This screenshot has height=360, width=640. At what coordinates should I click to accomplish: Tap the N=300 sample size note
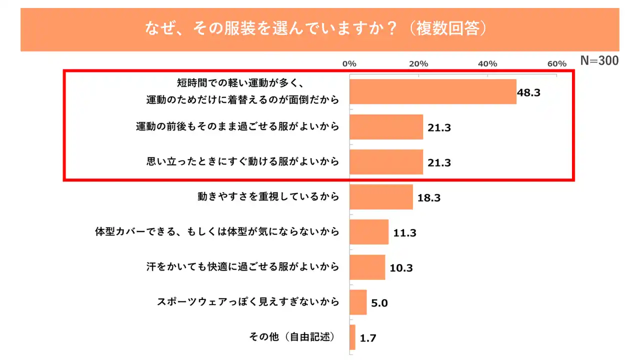[x=599, y=61]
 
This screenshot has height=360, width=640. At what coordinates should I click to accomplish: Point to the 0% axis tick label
[x=349, y=64]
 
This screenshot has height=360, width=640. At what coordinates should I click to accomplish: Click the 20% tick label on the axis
[x=418, y=64]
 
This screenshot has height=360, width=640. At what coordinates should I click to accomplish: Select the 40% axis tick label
[x=487, y=64]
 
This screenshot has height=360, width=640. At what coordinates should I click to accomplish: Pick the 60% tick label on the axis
[x=556, y=64]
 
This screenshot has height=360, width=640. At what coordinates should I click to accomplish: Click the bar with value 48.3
[x=432, y=92]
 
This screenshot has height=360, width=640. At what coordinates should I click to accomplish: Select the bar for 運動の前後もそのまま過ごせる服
[x=386, y=127]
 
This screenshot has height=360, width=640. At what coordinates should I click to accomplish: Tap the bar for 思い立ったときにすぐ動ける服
[x=386, y=162]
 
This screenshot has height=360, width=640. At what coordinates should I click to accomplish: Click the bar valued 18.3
[x=381, y=197]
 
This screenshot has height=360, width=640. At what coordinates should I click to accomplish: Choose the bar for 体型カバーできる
[x=369, y=232]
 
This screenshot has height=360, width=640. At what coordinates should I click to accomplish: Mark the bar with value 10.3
[x=367, y=267]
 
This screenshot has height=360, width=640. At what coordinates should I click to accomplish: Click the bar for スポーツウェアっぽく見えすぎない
[x=358, y=302]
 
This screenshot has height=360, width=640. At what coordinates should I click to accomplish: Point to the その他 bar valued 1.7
[x=352, y=337]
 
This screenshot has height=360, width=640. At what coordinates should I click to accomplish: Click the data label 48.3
[x=529, y=92]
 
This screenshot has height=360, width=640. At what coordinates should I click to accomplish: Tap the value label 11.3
[x=405, y=232]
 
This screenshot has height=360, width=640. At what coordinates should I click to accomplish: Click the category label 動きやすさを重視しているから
[x=268, y=197]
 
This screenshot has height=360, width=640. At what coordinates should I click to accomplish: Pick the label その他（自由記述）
[x=292, y=336]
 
